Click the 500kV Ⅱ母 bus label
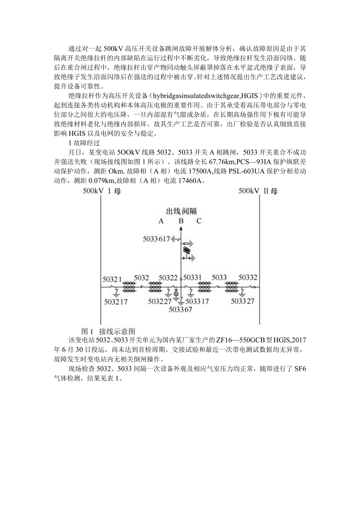coord(258,191)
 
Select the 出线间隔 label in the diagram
coord(181,212)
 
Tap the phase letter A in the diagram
coord(161,221)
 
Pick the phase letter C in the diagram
coord(199,221)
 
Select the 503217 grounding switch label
coord(116,301)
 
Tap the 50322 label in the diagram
coord(168,278)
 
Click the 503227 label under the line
coord(160,301)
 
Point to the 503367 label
coord(180,309)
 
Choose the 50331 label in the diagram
coord(193,278)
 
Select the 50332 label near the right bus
coord(248,278)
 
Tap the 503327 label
coord(243,301)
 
